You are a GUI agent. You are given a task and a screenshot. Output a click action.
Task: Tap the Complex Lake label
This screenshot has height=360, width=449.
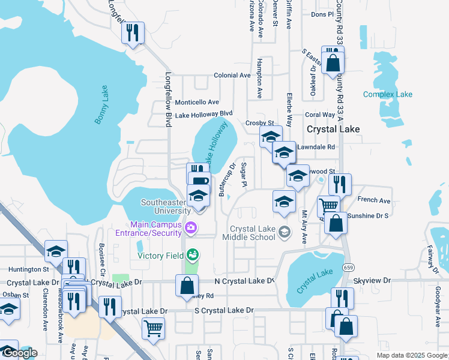pyautogui.click(x=388, y=94)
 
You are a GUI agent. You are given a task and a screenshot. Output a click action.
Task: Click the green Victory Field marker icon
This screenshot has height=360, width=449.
pyautogui.click(x=192, y=255)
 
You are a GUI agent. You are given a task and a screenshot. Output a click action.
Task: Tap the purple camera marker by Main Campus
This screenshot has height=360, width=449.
pyautogui.click(x=191, y=227)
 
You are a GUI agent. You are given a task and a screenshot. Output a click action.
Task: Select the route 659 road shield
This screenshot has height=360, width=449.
pyautogui.click(x=348, y=266)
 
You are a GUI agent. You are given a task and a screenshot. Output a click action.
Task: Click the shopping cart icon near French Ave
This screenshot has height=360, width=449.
pyautogui.click(x=328, y=206)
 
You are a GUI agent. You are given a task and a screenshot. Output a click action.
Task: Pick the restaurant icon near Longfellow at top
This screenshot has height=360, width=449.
pyautogui.click(x=133, y=32)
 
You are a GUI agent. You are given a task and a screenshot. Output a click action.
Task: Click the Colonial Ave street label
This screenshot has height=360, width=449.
pyautogui.click(x=232, y=76)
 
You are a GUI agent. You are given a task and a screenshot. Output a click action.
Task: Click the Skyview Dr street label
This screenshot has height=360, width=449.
pyautogui.click(x=372, y=280)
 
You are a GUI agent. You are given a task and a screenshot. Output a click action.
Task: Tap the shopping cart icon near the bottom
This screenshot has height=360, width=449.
pyautogui.click(x=153, y=328)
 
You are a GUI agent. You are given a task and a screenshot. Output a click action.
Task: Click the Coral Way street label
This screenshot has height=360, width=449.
pyautogui.click(x=320, y=115)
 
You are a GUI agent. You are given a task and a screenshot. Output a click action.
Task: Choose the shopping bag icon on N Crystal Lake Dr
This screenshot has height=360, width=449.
pyautogui.click(x=185, y=285)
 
